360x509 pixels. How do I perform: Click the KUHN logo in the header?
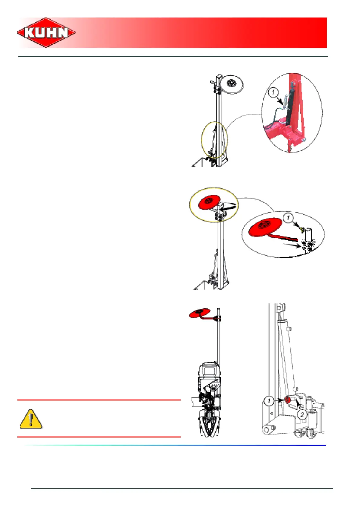tap(46, 32)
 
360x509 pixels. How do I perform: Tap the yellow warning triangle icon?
tap(31, 419)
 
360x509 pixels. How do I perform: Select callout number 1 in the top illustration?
tap(273, 92)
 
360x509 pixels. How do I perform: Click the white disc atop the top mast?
tap(232, 84)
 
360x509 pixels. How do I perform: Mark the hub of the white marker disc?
tap(232, 83)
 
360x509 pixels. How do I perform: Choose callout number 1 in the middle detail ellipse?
tap(288, 218)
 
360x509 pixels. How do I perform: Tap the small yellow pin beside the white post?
tap(301, 230)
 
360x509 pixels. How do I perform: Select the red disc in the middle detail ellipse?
tap(265, 227)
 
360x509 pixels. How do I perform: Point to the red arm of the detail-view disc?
tap(284, 237)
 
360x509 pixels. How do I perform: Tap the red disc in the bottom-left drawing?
tap(199, 313)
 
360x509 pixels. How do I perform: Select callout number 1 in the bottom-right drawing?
tap(269, 401)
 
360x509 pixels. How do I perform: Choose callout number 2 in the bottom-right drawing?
tap(302, 414)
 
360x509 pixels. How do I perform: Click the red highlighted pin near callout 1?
tap(287, 400)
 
